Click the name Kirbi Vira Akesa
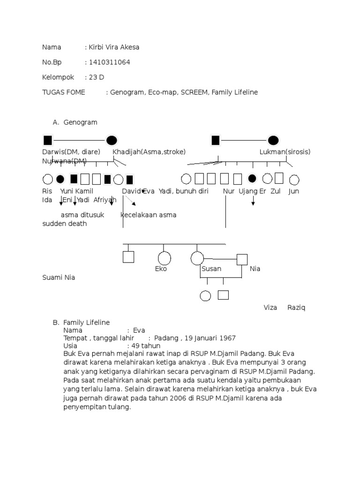113,47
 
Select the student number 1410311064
109,62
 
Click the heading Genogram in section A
80,122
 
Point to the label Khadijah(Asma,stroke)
149,152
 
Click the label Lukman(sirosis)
285,152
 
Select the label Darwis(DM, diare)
71,152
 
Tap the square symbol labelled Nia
242,259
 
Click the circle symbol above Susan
197,258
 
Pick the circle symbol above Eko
164,258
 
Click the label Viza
270,308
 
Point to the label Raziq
296,308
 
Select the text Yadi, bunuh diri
183,191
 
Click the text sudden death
65,224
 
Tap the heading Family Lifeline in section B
86,322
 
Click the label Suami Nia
59,277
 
